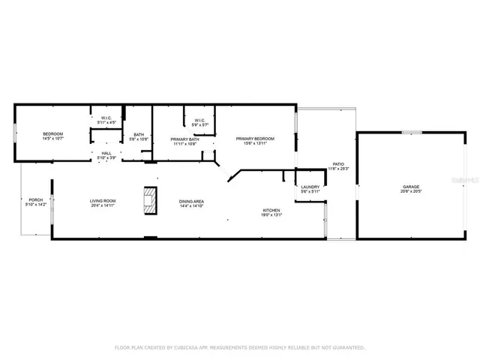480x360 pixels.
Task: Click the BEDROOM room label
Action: point(52,133)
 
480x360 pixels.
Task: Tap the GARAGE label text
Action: point(410,187)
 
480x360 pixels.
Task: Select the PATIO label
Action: point(338,163)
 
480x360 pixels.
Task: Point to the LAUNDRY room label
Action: point(310,187)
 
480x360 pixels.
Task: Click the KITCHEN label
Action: point(271,209)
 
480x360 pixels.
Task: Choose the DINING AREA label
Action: point(192,200)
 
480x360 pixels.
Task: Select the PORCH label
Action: point(36,199)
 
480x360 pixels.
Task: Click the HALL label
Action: point(106,153)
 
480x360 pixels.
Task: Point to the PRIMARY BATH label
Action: point(184,139)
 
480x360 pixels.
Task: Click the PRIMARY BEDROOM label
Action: point(255,139)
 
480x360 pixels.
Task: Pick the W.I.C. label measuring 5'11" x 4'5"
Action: point(106,118)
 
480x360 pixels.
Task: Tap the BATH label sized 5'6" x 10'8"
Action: point(139,135)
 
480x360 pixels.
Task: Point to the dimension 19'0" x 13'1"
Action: point(271,214)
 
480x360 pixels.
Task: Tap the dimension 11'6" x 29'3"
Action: point(338,169)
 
